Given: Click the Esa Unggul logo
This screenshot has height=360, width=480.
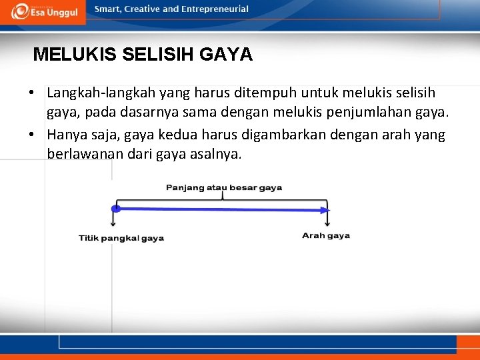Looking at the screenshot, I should (45, 11).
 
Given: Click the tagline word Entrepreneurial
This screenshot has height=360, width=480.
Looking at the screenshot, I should (215, 9).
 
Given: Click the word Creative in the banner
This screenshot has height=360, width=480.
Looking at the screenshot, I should (141, 9).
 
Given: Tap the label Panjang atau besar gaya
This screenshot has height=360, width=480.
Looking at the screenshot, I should (224, 187).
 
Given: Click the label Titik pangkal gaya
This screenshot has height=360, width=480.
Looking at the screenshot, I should (121, 238).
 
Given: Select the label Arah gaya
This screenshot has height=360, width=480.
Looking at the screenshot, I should (326, 235).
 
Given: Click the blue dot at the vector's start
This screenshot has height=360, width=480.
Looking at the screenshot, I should (115, 209).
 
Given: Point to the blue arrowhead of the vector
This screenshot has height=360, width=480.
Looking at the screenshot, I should (326, 210).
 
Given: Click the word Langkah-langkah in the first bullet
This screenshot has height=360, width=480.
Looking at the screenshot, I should (97, 93).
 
